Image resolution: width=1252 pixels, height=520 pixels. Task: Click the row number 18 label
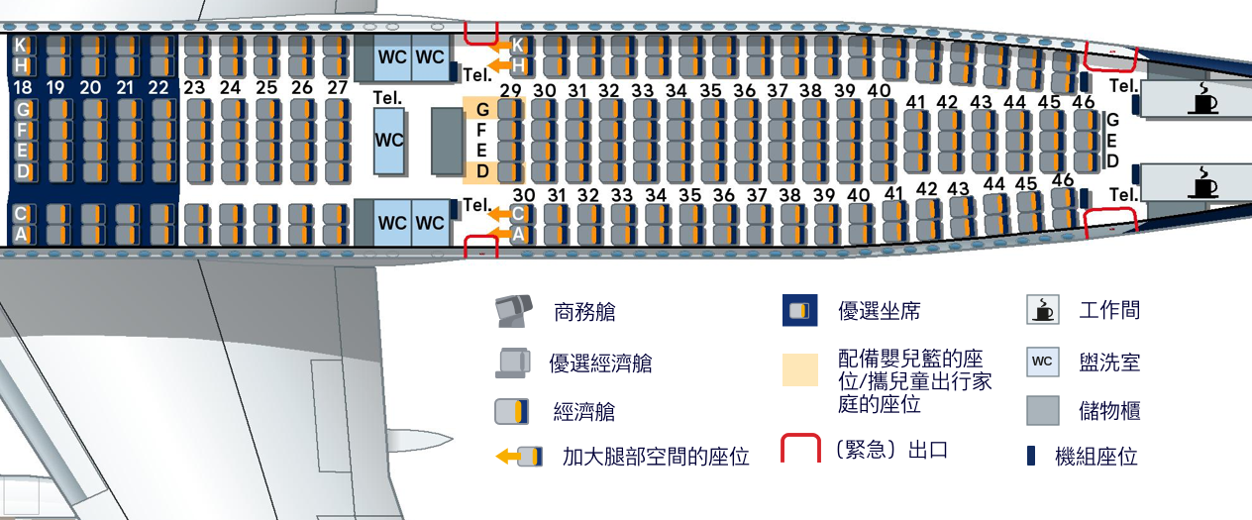point(22,88)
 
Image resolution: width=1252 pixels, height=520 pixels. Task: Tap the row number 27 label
point(338,87)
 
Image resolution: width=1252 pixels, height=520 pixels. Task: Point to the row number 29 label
point(511,91)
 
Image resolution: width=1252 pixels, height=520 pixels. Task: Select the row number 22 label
point(158,88)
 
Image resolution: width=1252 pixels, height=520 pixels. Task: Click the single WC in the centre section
point(390,141)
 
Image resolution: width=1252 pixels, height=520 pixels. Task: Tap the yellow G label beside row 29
point(482,109)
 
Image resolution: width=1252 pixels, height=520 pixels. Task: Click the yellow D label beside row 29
point(482,172)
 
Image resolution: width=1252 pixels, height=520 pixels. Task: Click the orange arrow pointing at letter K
point(502,45)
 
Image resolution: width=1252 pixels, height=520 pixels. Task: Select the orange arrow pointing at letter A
point(502,234)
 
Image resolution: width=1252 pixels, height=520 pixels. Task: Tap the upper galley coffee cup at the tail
point(1203,98)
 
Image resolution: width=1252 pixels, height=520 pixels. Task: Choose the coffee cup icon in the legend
point(1041,310)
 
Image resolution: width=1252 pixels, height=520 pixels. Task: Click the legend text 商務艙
point(584,312)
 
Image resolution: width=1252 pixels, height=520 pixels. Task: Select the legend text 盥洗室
point(1109,362)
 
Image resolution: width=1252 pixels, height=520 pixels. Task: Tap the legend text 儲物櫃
point(1109,410)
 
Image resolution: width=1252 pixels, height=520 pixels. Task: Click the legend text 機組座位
point(1096,457)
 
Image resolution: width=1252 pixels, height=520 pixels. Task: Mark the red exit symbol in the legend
point(800,449)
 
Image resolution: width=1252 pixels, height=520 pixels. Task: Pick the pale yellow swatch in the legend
point(800,369)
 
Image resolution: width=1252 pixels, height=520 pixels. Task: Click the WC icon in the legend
point(1041,362)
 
